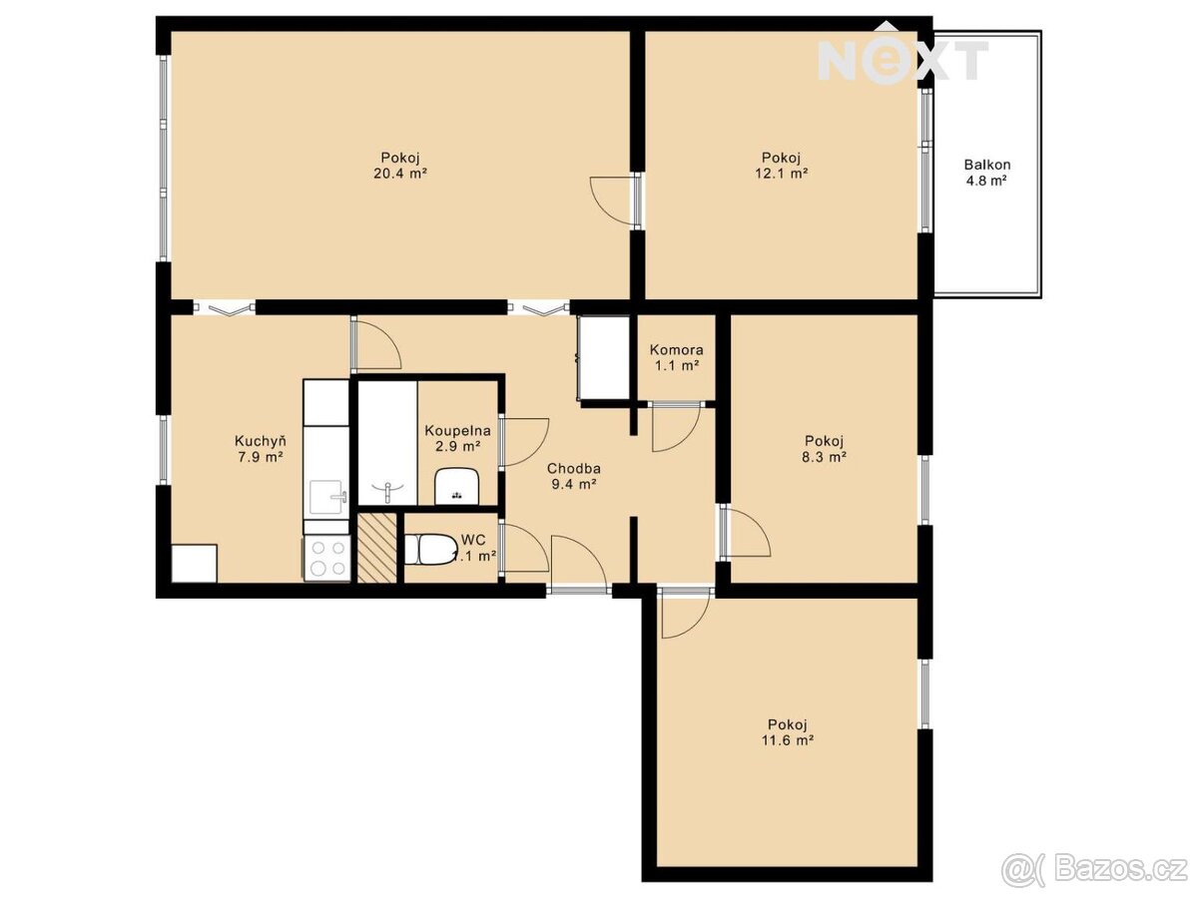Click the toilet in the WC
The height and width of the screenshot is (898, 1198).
point(430,550)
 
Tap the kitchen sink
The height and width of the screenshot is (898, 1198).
point(328,497)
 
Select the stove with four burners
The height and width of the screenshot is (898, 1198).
point(326,557)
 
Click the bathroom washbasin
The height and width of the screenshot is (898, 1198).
point(457,486)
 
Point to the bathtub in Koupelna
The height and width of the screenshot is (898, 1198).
point(387,443)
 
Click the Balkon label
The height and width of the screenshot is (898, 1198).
point(986,164)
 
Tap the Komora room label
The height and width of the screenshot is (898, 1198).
point(676,349)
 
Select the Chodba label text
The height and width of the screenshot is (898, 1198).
point(574,468)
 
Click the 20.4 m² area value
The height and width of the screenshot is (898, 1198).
point(400,174)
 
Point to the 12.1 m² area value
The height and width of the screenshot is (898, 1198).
point(781,174)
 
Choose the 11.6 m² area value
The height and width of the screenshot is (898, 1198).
point(788,740)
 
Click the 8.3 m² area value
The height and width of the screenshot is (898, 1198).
point(825,457)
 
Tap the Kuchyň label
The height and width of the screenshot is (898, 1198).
point(261,441)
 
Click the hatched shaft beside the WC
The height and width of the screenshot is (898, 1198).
point(377,548)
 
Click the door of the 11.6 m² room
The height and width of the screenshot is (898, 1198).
point(685,613)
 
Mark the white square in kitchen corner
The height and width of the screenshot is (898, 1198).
point(195,563)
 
